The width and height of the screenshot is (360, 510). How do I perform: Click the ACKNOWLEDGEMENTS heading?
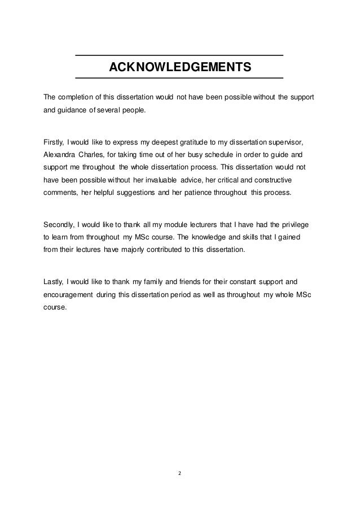pyautogui.click(x=179, y=68)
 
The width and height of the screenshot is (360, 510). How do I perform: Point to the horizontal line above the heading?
pyautogui.click(x=179, y=55)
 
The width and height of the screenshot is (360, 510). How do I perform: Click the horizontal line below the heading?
pyautogui.click(x=179, y=77)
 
